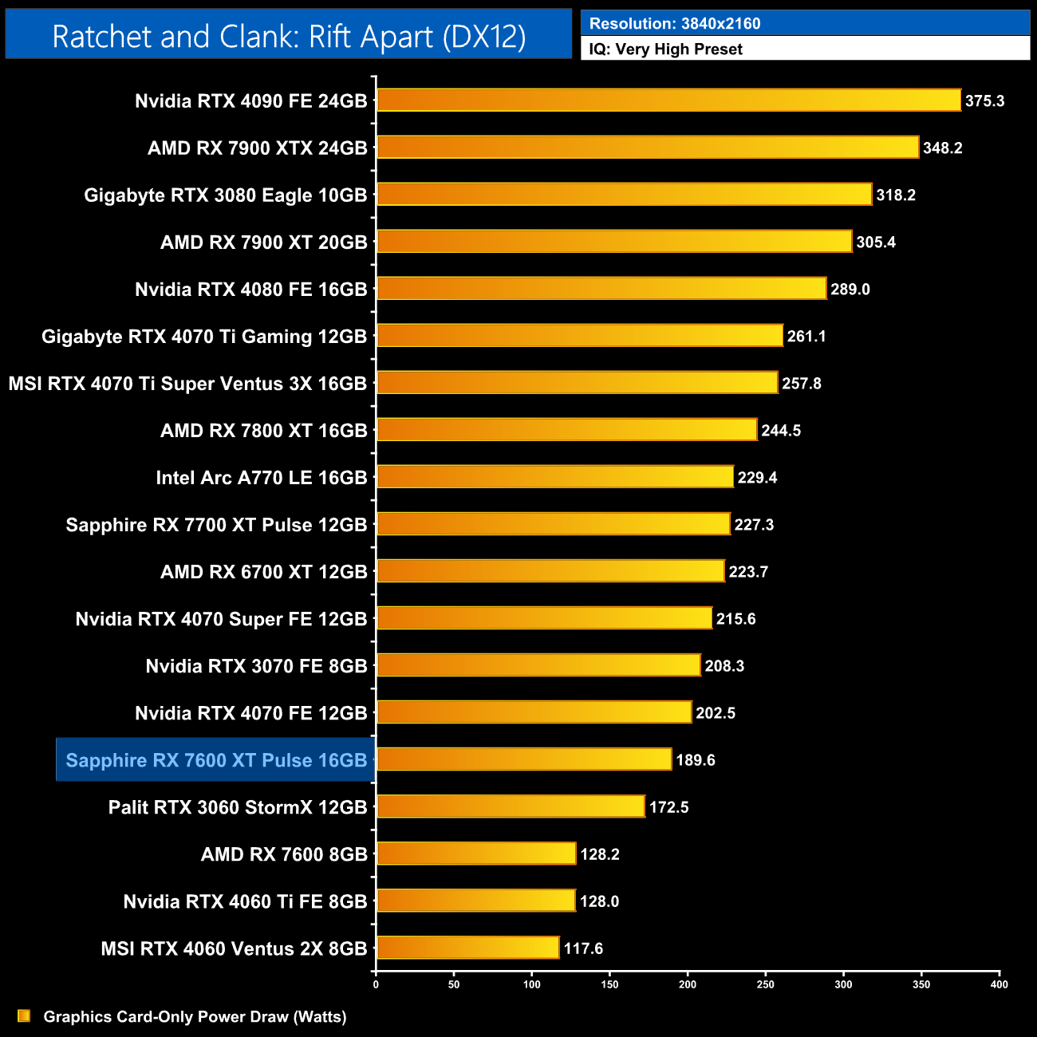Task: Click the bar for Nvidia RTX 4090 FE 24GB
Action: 668,101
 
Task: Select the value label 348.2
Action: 942,148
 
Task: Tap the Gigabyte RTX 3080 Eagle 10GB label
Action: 226,195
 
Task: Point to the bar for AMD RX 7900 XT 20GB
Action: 614,242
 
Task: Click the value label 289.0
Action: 850,290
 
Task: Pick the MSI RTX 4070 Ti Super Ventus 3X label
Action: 187,384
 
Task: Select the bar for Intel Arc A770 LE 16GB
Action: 555,477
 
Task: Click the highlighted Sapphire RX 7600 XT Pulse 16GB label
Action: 216,760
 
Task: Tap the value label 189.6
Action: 695,760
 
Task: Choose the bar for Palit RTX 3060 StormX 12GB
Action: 511,806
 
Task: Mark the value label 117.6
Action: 583,948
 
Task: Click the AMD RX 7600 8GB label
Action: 284,854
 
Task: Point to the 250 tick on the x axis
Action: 765,984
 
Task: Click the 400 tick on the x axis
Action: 999,984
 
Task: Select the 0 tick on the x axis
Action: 376,984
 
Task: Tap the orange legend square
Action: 24,1016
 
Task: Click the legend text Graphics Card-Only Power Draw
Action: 195,1017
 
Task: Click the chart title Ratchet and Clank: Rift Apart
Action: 289,37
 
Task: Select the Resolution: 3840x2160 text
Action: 675,24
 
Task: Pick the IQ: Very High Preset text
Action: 665,49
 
